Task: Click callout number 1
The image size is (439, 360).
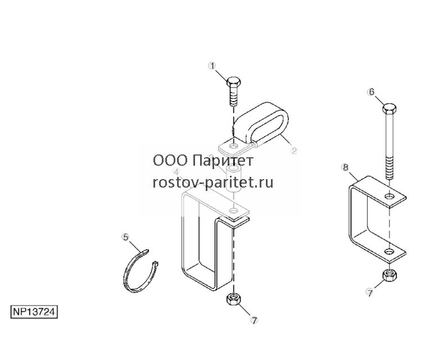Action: click(212, 66)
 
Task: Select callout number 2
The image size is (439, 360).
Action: click(293, 150)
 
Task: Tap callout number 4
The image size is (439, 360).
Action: click(176, 171)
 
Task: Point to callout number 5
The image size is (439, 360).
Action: click(126, 237)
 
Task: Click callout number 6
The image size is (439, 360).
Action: click(372, 92)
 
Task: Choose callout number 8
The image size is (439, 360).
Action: click(346, 167)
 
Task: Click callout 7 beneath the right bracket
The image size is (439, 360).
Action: click(370, 293)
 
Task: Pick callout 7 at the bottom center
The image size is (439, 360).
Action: click(254, 320)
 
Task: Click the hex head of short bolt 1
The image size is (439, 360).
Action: click(233, 82)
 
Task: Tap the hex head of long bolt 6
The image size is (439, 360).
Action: click(389, 109)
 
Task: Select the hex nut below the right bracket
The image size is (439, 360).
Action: click(389, 276)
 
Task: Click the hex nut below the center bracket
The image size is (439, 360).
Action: click(233, 299)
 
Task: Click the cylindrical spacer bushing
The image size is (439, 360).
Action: click(233, 179)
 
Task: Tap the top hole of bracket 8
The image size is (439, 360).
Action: click(388, 196)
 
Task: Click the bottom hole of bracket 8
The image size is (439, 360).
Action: click(388, 252)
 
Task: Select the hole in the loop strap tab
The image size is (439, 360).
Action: click(233, 145)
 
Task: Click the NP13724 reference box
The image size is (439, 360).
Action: click(34, 312)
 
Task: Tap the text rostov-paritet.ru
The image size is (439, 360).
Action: click(213, 183)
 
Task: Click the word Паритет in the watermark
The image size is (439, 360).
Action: click(223, 161)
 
